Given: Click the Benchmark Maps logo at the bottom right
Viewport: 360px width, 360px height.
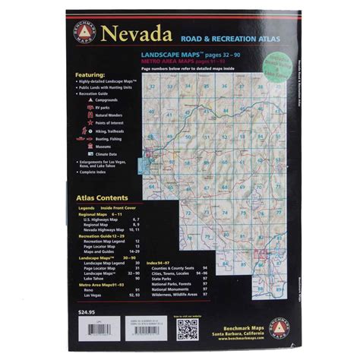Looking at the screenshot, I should (278, 327).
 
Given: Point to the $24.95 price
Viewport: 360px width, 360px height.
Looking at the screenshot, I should (88, 314).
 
